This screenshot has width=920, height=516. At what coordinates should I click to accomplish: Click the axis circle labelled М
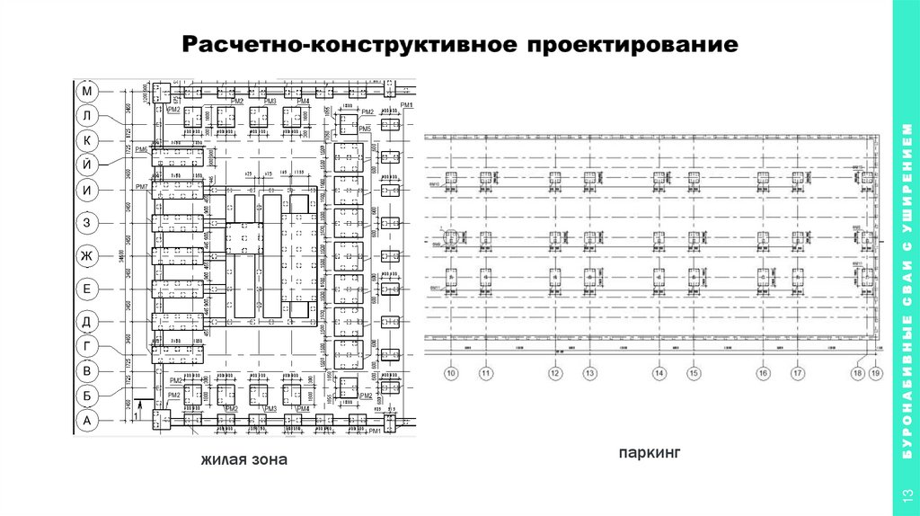tap(87, 92)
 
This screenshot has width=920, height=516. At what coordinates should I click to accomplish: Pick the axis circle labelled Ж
tap(87, 256)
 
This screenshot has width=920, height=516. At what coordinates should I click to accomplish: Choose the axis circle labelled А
tap(87, 420)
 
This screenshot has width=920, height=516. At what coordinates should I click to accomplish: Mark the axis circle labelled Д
tap(87, 322)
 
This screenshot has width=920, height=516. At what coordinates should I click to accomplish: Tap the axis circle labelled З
tap(87, 223)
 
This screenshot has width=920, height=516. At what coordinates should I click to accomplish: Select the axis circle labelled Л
tap(87, 116)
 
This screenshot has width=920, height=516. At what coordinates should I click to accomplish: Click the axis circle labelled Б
tap(87, 395)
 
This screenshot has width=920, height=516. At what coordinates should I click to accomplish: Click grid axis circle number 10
tap(451, 372)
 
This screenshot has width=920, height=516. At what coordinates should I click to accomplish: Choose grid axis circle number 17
tap(797, 372)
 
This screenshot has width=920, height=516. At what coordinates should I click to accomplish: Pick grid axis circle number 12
tap(554, 372)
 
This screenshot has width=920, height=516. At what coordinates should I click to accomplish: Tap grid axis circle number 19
tap(875, 372)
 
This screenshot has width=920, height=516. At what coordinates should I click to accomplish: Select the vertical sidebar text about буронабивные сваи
tap(906, 297)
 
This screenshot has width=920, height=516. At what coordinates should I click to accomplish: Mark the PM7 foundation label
tap(141, 186)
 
